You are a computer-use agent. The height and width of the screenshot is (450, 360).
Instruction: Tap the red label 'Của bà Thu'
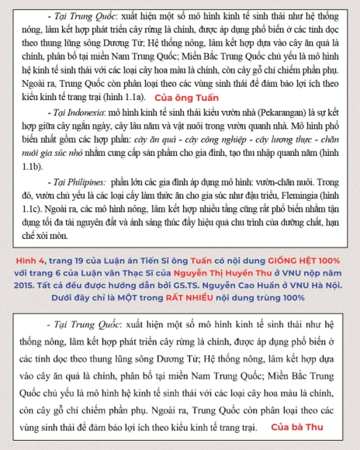[x=299, y=427]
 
